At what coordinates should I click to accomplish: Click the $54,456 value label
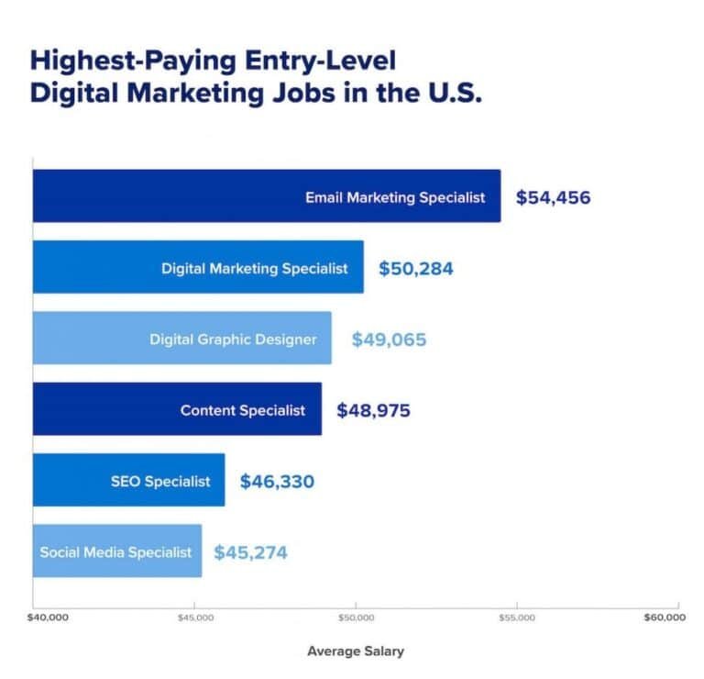[553, 197]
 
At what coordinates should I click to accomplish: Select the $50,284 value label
[415, 269]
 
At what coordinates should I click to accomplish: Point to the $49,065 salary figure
[389, 339]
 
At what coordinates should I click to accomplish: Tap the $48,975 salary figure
[373, 410]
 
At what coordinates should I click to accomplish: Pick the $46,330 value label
[276, 481]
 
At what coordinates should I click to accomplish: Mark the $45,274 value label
[250, 552]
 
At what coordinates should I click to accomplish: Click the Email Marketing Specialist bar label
[395, 197]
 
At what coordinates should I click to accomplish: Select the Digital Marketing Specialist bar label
[255, 269]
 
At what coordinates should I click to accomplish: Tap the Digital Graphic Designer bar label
[233, 339]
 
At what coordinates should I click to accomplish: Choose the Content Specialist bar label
[243, 410]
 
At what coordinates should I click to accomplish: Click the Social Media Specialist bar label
[116, 552]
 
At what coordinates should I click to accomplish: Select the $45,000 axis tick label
[194, 618]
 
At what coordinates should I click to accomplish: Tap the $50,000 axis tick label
[356, 618]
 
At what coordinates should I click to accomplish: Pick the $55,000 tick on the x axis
[517, 618]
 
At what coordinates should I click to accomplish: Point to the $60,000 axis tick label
[664, 618]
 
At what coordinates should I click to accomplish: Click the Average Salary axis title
[356, 651]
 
